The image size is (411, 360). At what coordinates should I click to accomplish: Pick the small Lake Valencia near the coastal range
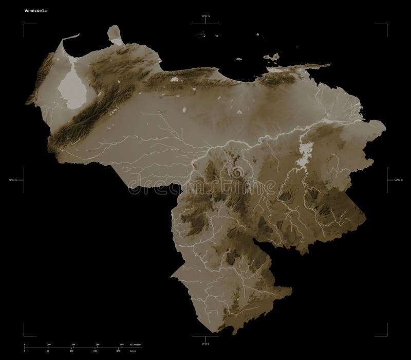pos(175,80)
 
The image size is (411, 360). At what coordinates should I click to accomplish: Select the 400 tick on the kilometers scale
pos(122,344)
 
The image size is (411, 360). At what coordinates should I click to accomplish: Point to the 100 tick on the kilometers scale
pos(49,344)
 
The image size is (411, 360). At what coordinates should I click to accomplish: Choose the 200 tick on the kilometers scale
pos(73,344)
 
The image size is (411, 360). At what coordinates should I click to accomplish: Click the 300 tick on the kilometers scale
pos(97,344)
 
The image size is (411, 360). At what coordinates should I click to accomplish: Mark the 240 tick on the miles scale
pos(119,350)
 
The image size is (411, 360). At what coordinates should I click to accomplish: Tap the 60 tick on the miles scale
pos(48,350)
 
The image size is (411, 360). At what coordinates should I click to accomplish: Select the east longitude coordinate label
pos(398,181)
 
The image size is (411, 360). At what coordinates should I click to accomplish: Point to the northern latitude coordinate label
pos(205,17)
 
